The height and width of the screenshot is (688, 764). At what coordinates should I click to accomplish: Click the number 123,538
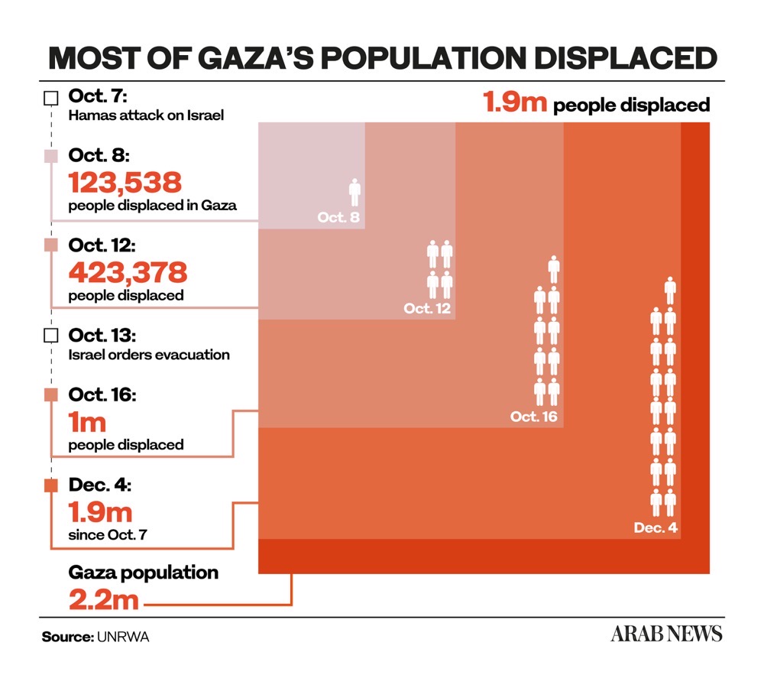coord(125,182)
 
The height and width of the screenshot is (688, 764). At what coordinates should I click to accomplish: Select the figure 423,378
coord(128,271)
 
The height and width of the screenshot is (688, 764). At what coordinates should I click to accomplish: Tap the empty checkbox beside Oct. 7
coord(51,98)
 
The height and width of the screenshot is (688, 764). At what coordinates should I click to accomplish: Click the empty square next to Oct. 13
coord(51,336)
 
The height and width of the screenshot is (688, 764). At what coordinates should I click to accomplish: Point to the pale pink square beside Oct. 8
coord(51,156)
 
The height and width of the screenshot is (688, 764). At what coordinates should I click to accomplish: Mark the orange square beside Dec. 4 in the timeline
coord(51,485)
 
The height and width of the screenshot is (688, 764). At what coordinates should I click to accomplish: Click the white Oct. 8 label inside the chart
coord(338,218)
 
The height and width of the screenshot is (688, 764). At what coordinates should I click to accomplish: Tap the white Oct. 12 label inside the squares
coord(427,309)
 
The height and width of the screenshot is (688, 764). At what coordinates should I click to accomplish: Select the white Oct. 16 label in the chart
coord(534,417)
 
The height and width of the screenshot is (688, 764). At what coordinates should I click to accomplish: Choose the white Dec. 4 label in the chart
coord(656,527)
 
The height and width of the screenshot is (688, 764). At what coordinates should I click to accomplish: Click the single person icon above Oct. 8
coord(354,192)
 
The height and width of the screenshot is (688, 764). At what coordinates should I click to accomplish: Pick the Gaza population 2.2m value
coord(104,599)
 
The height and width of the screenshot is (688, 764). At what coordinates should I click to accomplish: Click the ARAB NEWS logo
coord(665,634)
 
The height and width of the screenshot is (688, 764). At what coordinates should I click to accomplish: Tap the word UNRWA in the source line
coord(123,637)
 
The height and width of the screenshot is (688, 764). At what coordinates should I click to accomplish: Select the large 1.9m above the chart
coord(514,102)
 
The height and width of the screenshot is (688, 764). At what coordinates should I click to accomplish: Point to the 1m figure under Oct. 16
coord(87,420)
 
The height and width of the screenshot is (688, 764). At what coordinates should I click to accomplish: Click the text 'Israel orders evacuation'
coord(149,355)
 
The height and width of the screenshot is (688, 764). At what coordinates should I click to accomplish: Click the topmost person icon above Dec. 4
coord(670,290)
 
